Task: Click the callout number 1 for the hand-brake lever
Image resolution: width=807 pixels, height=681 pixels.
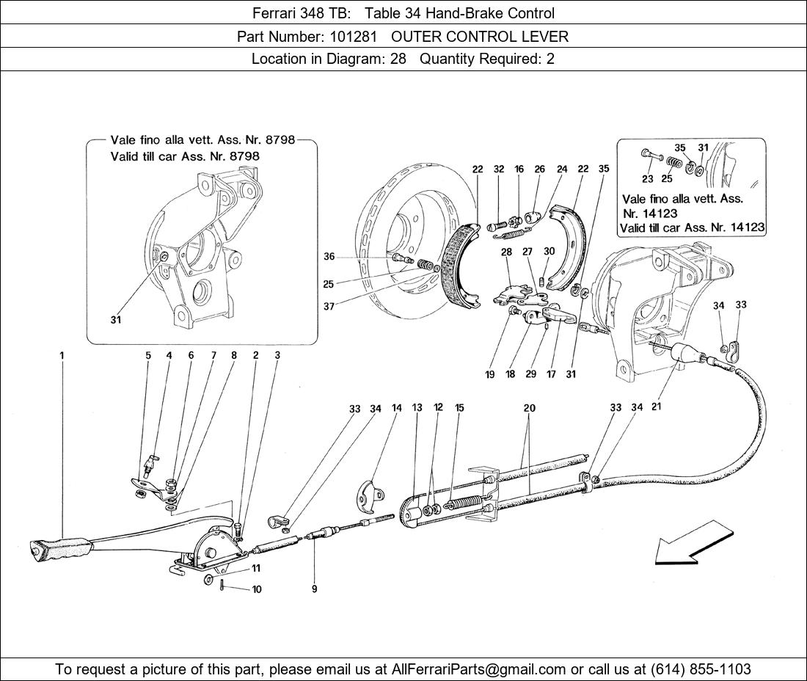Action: (x=62, y=355)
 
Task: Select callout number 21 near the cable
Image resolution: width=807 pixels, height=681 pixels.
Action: (x=657, y=407)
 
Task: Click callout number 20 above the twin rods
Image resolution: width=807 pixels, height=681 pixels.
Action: (x=530, y=407)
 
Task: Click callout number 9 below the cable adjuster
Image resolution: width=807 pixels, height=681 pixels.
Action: (x=314, y=589)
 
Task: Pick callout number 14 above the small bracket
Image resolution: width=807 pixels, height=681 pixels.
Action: (x=397, y=407)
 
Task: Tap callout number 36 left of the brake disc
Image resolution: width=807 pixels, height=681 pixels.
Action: (x=329, y=257)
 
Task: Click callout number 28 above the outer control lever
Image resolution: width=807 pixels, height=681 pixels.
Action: (x=506, y=252)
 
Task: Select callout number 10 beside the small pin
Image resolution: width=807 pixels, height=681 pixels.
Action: (x=256, y=589)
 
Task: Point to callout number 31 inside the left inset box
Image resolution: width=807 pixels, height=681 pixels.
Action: (x=116, y=320)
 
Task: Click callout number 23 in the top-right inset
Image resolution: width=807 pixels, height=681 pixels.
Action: (x=647, y=178)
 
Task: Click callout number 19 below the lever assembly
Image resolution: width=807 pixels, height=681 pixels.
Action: (x=490, y=374)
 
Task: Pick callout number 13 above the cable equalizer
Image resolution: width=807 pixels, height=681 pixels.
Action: (x=417, y=407)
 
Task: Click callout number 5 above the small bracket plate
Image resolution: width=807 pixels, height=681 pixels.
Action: (x=147, y=355)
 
